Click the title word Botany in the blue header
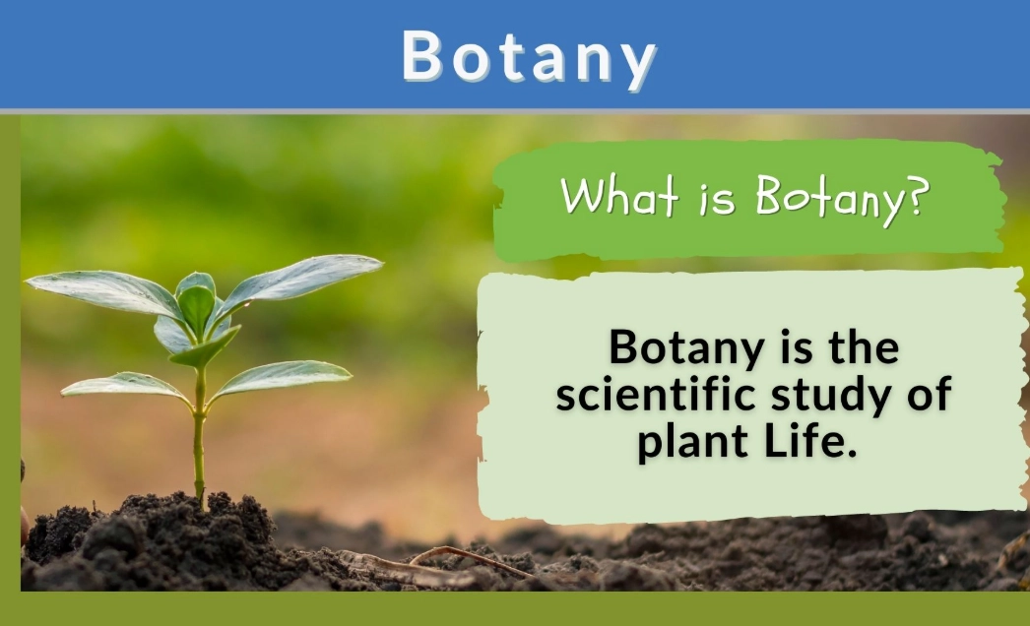[x=529, y=57]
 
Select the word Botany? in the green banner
[x=840, y=198]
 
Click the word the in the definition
[x=863, y=347]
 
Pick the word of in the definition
[x=929, y=395]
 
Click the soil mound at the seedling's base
[x=187, y=536]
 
